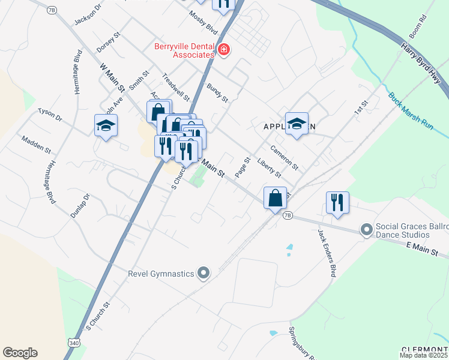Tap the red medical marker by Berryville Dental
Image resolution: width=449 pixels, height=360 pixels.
tap(224, 49)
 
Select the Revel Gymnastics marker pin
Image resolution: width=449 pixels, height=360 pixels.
tap(204, 274)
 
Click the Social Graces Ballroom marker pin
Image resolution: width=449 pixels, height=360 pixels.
tap(366, 229)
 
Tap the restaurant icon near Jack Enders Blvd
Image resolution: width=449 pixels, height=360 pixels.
tap(337, 202)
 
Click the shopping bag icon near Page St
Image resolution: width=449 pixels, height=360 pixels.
tap(275, 197)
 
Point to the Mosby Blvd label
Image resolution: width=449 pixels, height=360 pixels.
tap(202, 22)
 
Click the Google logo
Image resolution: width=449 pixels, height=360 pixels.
tap(20, 353)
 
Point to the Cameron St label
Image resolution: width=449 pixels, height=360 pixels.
tap(284, 157)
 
